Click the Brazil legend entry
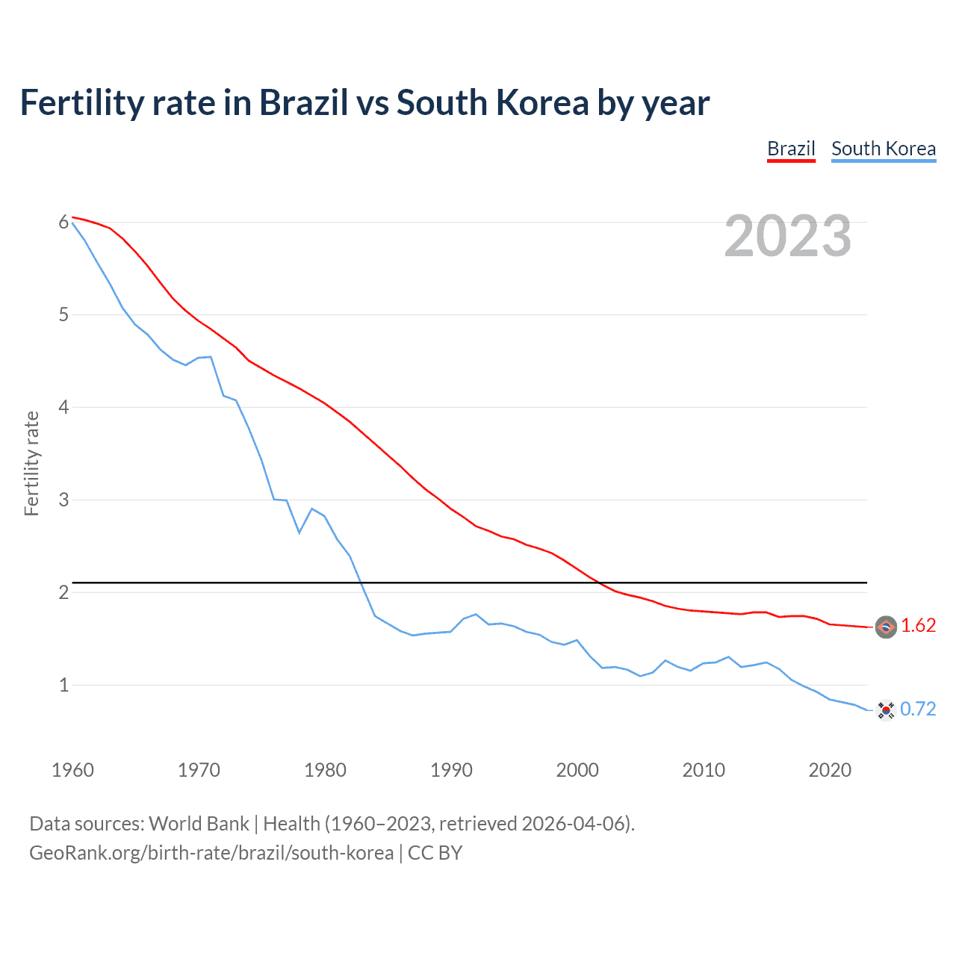(791, 149)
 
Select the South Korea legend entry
(884, 149)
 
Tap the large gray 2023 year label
(788, 236)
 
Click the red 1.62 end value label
(918, 626)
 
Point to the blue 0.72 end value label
(918, 710)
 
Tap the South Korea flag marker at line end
(886, 710)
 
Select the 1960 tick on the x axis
(72, 770)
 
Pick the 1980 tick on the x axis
(325, 770)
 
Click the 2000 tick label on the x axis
(577, 770)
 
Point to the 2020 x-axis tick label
(830, 770)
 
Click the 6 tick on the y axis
(63, 223)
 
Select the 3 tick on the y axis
(63, 500)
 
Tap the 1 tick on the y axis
(63, 685)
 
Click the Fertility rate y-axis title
(31, 463)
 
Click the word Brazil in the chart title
(303, 103)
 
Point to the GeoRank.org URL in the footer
(211, 853)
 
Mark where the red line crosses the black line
(599, 582)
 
